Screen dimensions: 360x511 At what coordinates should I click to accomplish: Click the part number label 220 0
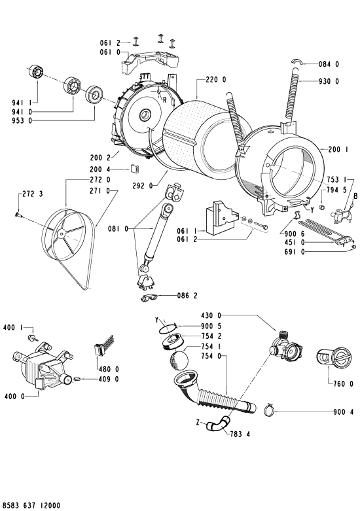pyautogui.click(x=216, y=80)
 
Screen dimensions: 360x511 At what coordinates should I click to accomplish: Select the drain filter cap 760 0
pyautogui.click(x=334, y=357)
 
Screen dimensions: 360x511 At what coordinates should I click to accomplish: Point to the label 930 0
pyautogui.click(x=329, y=81)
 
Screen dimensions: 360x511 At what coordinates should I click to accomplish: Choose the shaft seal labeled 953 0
pyautogui.click(x=94, y=95)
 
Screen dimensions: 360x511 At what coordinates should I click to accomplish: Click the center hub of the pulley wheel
pyautogui.click(x=61, y=234)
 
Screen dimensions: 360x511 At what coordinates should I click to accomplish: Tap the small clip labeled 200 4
pyautogui.click(x=135, y=169)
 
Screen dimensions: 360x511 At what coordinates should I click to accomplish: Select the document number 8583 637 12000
pyautogui.click(x=30, y=506)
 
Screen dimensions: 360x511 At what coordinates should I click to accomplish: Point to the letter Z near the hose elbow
pyautogui.click(x=198, y=423)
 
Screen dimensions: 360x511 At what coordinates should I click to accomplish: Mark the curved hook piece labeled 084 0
pyautogui.click(x=297, y=62)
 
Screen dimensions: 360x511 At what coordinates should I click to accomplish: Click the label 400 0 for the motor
pyautogui.click(x=14, y=396)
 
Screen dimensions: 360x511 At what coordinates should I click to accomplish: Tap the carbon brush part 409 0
pyautogui.click(x=77, y=379)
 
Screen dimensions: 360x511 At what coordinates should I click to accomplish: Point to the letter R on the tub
pyautogui.click(x=165, y=100)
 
